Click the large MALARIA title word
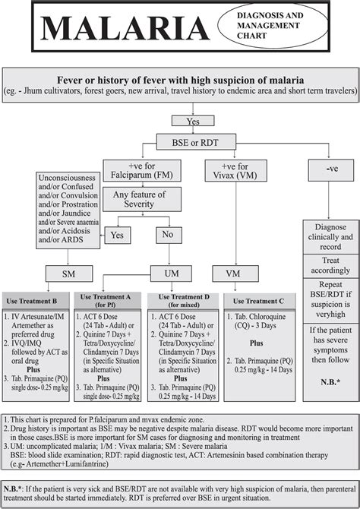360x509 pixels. click(x=125, y=28)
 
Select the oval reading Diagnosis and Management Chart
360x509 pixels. click(x=273, y=25)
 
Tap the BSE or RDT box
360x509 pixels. click(x=196, y=142)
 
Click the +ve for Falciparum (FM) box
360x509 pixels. click(x=142, y=170)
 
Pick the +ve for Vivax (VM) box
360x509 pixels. click(x=235, y=170)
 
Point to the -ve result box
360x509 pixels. click(x=331, y=169)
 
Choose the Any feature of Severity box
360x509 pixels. click(x=142, y=199)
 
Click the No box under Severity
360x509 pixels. click(x=169, y=235)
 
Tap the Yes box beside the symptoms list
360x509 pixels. click(x=118, y=235)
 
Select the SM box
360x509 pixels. click(x=69, y=273)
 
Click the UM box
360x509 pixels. click(x=171, y=273)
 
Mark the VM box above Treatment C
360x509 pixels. click(x=235, y=273)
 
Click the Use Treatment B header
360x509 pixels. click(x=36, y=301)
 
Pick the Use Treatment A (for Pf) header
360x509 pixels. click(x=107, y=301)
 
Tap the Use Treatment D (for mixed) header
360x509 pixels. click(x=183, y=301)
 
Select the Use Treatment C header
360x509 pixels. click(x=260, y=301)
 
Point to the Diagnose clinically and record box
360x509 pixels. click(x=331, y=237)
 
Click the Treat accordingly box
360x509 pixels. click(x=331, y=266)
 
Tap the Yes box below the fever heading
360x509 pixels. click(x=193, y=121)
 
